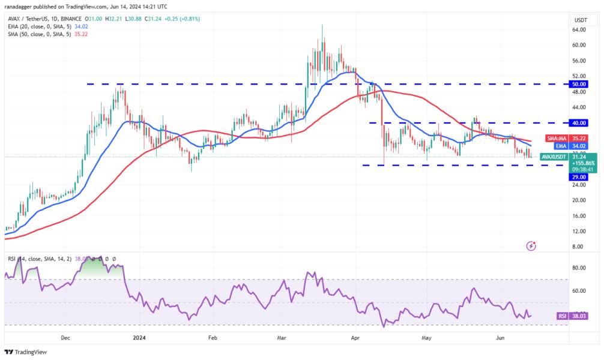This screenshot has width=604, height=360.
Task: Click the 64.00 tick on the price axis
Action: tap(579, 29)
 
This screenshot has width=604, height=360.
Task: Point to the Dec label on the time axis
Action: tap(66, 338)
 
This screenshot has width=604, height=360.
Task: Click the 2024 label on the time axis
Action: tap(139, 338)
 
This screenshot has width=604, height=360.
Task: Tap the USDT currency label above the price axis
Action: tap(581, 20)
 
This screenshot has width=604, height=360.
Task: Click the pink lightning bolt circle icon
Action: tap(531, 245)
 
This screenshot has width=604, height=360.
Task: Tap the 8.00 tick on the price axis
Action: tap(578, 247)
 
